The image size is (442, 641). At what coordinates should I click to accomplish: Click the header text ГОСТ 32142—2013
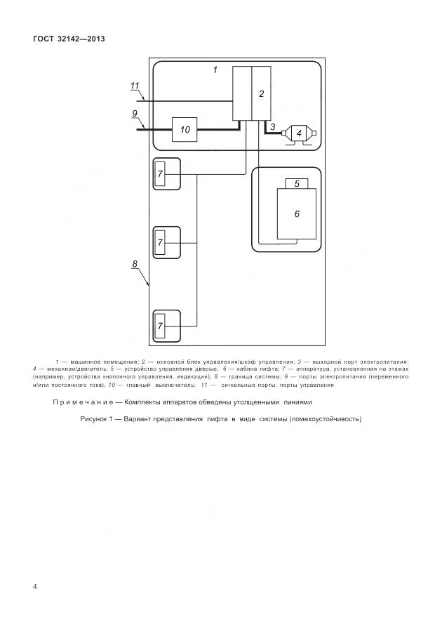(69, 39)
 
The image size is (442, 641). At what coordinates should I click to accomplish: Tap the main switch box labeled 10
(185, 129)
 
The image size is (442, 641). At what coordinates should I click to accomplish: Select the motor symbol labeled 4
(299, 133)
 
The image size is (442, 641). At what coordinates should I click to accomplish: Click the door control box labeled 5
(296, 183)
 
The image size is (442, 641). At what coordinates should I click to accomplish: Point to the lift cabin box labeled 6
(296, 213)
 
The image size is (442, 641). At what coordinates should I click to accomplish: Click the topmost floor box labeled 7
(160, 173)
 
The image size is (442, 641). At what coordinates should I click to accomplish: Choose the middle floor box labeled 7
(160, 242)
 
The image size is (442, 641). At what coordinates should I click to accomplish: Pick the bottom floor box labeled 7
(160, 326)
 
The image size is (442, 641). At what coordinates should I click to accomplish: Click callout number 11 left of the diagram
(135, 86)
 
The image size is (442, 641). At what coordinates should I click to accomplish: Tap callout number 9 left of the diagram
(134, 113)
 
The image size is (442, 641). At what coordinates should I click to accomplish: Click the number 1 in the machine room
(215, 70)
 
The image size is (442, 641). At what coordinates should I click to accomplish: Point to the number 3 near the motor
(272, 126)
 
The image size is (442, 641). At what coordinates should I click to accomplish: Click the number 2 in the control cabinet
(261, 93)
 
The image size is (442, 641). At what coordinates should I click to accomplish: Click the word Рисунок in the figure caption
(96, 419)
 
